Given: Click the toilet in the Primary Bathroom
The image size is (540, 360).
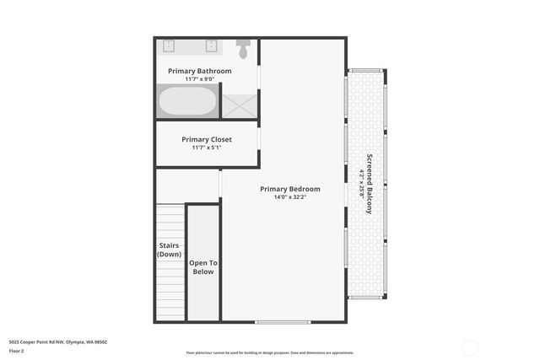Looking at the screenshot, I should (x=243, y=50).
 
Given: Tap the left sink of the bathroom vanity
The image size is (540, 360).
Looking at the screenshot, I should (x=169, y=46).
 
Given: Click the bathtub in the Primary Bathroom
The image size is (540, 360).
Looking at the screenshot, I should (x=188, y=103).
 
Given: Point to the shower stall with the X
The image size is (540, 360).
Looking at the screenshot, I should (x=239, y=105).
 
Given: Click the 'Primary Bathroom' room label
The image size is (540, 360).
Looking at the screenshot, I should (x=199, y=72).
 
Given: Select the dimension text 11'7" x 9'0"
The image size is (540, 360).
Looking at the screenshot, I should (x=199, y=80).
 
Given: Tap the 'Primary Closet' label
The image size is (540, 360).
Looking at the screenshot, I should (x=207, y=139).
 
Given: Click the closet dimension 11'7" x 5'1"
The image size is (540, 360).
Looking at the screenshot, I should (x=207, y=148).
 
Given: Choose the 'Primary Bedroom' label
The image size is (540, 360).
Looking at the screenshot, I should (x=290, y=189).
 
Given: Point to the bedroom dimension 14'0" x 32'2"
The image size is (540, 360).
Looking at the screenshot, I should (x=290, y=197).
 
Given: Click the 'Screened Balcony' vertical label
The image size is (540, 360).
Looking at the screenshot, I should (x=369, y=184).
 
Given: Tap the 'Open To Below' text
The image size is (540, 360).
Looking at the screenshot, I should (x=202, y=267).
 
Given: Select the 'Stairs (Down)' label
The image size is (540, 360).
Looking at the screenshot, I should (x=170, y=250).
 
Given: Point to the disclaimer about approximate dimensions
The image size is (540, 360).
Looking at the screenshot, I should (x=270, y=353).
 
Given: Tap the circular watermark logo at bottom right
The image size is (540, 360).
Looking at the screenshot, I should (x=471, y=347).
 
